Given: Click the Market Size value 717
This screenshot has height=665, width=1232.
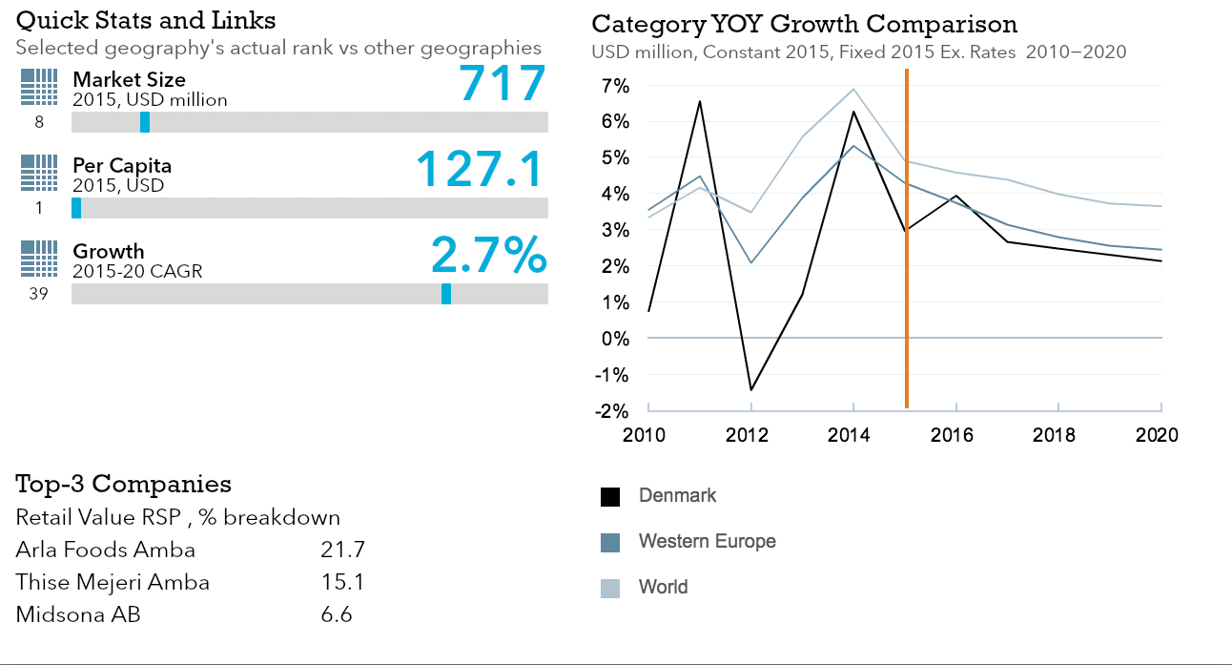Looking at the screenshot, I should pos(503,84).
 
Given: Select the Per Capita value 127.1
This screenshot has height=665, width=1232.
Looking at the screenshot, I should pos(480,170).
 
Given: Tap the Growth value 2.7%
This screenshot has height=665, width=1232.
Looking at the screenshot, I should pos(488,256).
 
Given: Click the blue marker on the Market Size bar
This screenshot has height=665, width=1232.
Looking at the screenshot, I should pos(145,122).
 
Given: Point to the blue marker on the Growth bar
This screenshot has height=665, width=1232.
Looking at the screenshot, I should pos(446,294).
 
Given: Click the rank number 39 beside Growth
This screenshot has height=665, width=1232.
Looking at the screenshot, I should pos(39,294).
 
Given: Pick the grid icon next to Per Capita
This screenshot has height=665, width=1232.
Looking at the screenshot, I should pos(39,173).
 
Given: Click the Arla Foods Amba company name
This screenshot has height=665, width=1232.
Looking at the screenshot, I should pos(106,550).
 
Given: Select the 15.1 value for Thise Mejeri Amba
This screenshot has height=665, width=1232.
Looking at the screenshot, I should pos(342,582).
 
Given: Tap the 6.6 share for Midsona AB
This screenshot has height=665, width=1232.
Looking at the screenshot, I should pos(337,614).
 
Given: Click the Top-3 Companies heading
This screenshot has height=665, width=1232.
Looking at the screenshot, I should pos(123,484).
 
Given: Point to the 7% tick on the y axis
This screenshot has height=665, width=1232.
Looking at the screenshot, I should pos(616,86).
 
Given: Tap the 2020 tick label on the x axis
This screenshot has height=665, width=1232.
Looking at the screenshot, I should pos(1159,435).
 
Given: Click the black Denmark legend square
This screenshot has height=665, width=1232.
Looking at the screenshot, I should pos(610,497).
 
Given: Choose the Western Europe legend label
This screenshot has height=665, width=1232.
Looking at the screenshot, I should pos(707,541).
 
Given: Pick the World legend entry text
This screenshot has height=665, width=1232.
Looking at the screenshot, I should pos(663,587).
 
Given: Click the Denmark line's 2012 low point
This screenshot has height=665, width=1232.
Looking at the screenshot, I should pos(751,389).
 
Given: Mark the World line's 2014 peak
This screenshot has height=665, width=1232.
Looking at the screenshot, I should pos(853,89).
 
